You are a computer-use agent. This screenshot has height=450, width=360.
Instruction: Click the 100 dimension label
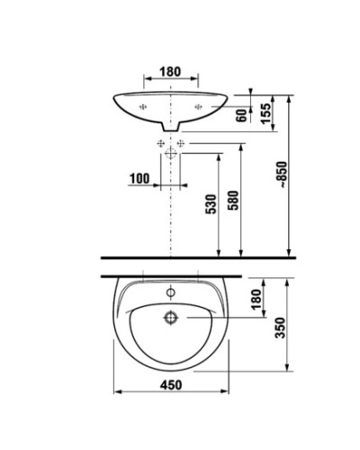(x=139, y=178)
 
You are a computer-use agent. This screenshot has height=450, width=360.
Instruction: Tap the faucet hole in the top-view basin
(x=169, y=292)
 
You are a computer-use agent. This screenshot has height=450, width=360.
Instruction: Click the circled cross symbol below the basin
(x=170, y=154)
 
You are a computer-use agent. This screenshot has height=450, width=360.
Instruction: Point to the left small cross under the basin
(x=160, y=143)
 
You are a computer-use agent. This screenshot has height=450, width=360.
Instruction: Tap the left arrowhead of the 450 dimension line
(x=118, y=394)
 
